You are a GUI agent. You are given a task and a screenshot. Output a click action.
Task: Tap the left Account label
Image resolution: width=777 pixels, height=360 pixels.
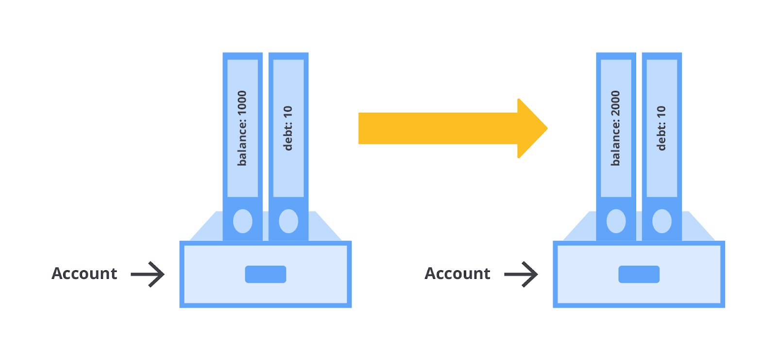84,274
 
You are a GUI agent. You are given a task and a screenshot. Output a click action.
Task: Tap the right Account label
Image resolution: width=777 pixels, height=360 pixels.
457,274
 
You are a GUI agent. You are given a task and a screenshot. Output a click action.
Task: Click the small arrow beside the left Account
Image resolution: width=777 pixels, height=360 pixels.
148,274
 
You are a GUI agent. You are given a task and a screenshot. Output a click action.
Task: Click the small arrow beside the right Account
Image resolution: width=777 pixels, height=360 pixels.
521,274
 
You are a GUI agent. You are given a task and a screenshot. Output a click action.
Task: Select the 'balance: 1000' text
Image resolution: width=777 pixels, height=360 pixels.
242,128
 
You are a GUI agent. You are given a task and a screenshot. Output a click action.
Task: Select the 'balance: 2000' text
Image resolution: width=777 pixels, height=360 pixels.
615,128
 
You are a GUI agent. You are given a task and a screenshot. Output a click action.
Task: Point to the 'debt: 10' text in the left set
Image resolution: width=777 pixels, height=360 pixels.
287,128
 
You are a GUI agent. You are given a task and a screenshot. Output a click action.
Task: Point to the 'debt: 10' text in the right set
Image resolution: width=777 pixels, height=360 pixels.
661,128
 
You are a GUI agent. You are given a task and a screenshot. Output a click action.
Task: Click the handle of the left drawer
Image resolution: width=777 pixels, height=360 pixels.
265,274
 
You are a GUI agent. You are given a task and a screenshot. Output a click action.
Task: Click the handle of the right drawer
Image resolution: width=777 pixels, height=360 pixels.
639,274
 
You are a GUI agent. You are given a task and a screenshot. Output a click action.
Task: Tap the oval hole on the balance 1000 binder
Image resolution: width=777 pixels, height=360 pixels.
242,221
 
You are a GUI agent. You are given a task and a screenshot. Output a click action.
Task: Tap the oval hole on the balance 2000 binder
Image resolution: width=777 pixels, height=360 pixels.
616,221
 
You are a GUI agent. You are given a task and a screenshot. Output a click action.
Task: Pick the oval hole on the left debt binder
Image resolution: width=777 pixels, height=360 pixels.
288,221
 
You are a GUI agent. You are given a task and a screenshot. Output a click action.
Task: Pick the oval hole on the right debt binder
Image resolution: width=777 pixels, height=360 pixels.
662,221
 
